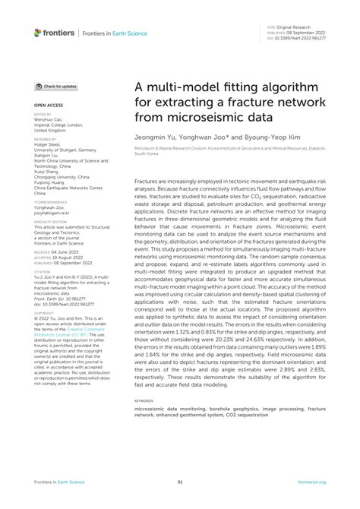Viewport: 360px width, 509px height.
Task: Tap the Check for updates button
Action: coord(56,87)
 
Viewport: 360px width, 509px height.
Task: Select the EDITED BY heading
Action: coord(43,115)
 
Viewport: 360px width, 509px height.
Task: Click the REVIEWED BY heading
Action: coord(46,140)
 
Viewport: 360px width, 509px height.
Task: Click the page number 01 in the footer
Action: coord(180,482)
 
